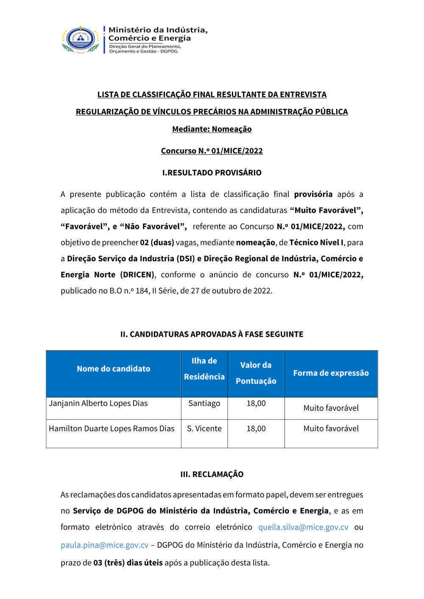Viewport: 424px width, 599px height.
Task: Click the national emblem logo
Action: click(81, 39)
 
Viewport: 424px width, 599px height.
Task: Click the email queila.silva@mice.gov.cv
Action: click(303, 527)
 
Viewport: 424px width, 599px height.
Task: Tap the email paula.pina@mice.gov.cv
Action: click(104, 545)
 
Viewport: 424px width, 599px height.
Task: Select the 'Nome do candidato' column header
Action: click(114, 369)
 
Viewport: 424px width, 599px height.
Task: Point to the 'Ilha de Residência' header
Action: click(204, 369)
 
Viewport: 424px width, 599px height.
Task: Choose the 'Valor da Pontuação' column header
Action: click(256, 373)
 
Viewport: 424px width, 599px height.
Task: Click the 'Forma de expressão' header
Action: click(331, 373)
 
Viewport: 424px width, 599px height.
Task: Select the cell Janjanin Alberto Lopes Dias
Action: click(98, 403)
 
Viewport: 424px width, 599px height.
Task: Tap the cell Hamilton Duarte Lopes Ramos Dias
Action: click(112, 429)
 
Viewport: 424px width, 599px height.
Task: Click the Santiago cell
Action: click(204, 403)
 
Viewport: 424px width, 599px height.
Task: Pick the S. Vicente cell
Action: click(204, 429)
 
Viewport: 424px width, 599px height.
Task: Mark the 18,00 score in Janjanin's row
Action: click(256, 403)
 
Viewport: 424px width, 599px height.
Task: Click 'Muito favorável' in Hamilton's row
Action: click(331, 429)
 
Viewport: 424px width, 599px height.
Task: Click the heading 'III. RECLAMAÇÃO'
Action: click(212, 474)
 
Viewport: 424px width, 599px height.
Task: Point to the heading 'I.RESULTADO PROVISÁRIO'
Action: click(212, 173)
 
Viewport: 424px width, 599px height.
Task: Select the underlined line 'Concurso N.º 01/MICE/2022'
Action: click(212, 151)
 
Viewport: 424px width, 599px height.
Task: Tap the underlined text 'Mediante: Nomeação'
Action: click(212, 129)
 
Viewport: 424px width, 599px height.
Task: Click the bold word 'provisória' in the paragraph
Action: click(313, 194)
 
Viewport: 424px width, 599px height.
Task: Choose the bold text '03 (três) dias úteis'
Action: click(128, 563)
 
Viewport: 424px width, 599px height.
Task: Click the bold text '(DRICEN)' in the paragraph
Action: click(137, 275)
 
